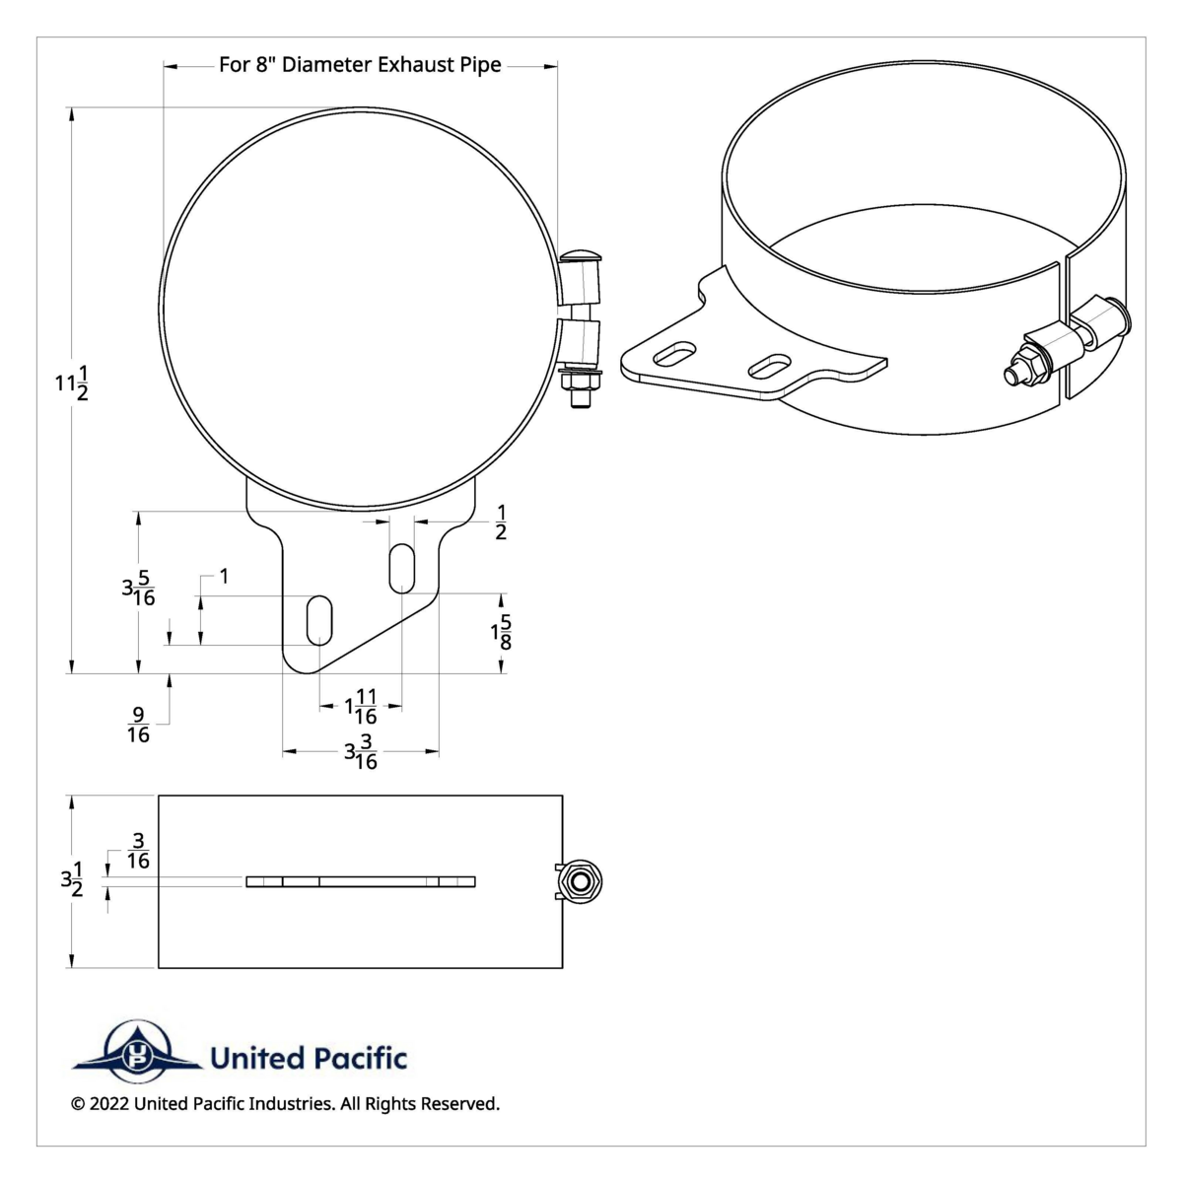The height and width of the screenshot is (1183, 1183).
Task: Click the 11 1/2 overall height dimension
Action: click(x=70, y=383)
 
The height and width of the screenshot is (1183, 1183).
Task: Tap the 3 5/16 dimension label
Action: click(x=138, y=589)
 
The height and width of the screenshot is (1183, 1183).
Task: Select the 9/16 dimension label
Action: click(x=138, y=725)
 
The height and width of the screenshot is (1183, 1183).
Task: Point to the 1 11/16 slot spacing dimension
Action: click(x=361, y=706)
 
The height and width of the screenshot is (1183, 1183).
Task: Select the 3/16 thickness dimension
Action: click(x=138, y=851)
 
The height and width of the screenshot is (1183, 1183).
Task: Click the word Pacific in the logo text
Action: click(x=360, y=1059)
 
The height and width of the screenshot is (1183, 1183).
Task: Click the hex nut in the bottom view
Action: click(x=581, y=880)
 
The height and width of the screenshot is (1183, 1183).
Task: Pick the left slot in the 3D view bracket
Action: click(x=673, y=354)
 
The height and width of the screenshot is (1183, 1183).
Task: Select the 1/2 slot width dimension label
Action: click(x=501, y=522)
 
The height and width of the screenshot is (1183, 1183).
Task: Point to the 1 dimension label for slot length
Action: click(x=224, y=576)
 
